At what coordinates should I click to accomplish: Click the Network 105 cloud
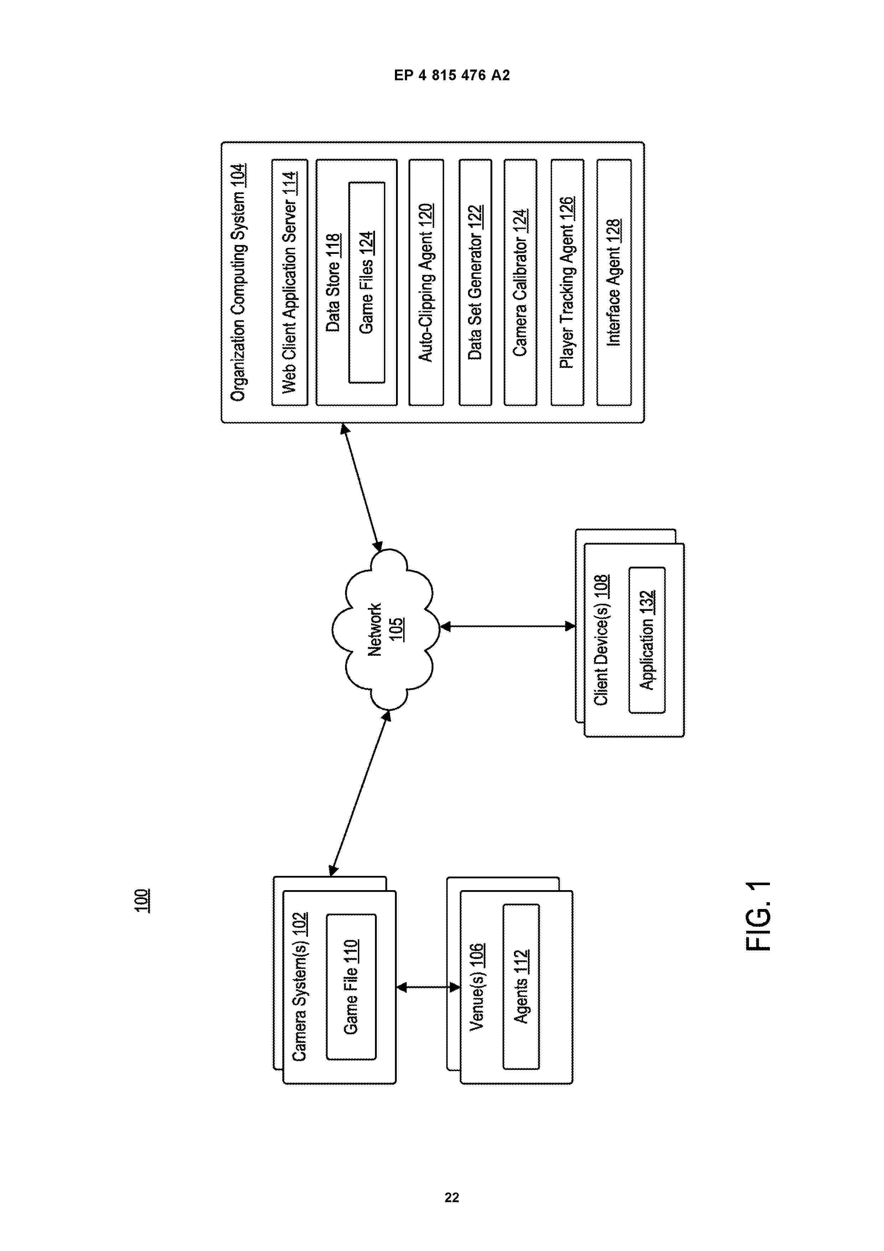(386, 629)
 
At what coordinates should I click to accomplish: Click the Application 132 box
(647, 640)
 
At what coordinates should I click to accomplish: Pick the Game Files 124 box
(366, 282)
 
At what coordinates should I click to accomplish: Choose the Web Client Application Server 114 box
(290, 282)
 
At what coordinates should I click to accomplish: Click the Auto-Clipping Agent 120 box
(426, 282)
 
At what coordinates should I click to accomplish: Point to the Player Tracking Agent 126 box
(567, 282)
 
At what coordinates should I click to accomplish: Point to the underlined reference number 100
(142, 901)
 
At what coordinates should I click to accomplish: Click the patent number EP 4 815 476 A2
(452, 75)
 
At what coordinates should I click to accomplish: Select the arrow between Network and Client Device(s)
(508, 627)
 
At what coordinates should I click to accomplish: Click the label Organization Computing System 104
(238, 282)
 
